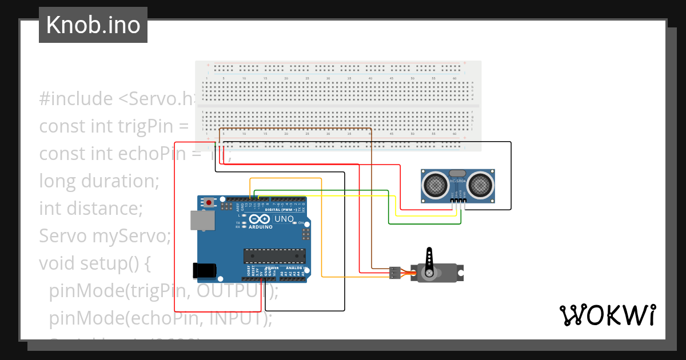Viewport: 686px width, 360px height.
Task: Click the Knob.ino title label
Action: click(93, 25)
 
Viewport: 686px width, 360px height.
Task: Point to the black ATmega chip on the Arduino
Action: click(273, 257)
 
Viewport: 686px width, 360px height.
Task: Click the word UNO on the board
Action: click(284, 219)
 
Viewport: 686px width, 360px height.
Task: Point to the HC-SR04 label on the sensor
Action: click(458, 182)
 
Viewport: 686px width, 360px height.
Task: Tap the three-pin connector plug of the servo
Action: click(394, 273)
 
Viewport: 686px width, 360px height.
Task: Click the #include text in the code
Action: click(76, 99)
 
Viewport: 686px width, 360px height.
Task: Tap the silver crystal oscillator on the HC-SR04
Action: click(457, 173)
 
